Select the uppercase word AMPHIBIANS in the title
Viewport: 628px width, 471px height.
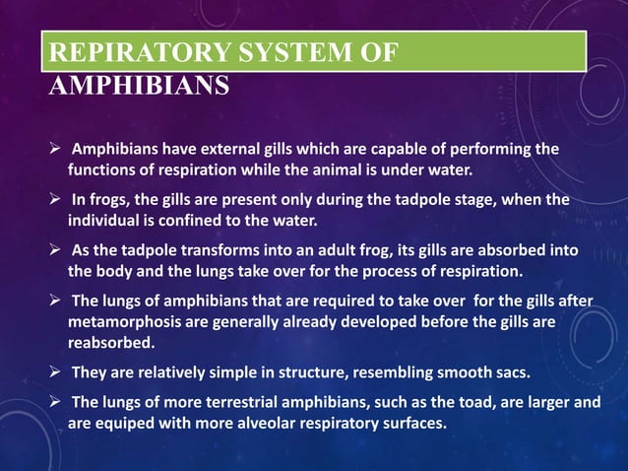coord(139,86)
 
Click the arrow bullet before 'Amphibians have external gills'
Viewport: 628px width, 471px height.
coord(58,149)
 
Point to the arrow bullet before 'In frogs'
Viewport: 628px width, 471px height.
coord(58,199)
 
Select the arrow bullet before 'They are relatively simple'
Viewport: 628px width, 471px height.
coord(58,373)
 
